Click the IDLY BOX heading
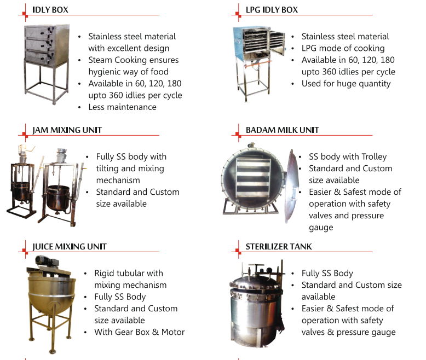pyautogui.click(x=50, y=10)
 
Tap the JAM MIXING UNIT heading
pyautogui.click(x=67, y=130)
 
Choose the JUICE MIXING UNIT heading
pyautogui.click(x=70, y=246)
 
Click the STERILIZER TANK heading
pyautogui.click(x=279, y=246)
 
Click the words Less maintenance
pyautogui.click(x=122, y=107)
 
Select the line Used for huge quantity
pyautogui.click(x=346, y=84)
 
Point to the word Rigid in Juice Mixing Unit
pyautogui.click(x=105, y=273)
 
